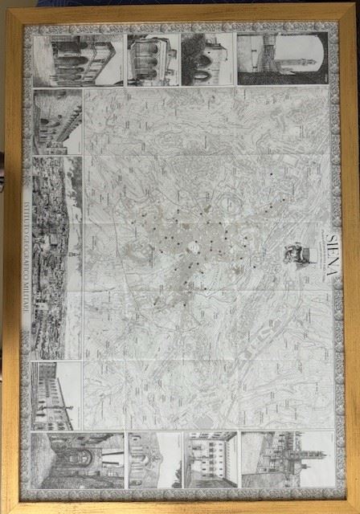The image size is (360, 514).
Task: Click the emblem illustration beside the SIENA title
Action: tap(297, 255)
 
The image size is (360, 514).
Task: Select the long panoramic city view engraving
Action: tap(57, 257)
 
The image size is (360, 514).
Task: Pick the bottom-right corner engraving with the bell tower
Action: tap(287, 459)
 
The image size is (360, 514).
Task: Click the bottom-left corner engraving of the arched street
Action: tap(77, 460)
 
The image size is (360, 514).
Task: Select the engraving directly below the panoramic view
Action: tap(57, 395)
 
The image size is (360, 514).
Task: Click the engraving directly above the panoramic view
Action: tap(58, 121)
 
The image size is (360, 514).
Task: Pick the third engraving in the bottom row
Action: tap(211, 459)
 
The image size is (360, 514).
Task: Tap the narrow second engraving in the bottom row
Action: tap(155, 460)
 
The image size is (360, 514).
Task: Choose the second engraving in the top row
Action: tap(153, 59)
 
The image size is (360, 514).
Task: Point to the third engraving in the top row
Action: tap(207, 59)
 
